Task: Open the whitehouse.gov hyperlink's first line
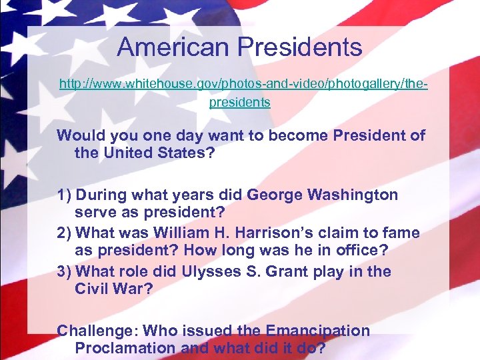pyautogui.click(x=243, y=85)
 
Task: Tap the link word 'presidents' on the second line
pyautogui.click(x=240, y=103)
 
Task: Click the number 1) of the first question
pyautogui.click(x=65, y=195)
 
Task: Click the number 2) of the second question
pyautogui.click(x=65, y=233)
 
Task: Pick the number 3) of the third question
pyautogui.click(x=65, y=272)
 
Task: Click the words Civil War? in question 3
pyautogui.click(x=114, y=290)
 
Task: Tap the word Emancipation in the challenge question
pyautogui.click(x=317, y=331)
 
